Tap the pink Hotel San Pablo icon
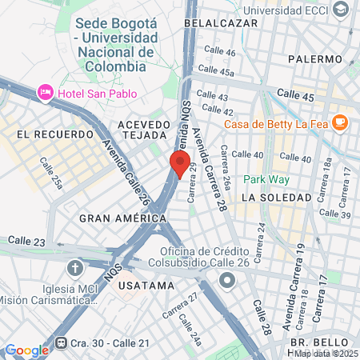(46, 93)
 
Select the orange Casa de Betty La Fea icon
(341, 122)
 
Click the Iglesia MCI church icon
(75, 267)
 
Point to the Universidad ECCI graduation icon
(341, 10)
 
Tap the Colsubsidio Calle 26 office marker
(227, 281)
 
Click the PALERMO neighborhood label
(315, 58)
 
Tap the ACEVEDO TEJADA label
(144, 130)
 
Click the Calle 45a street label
(238, 72)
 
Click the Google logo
(26, 350)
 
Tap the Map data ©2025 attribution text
(323, 354)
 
